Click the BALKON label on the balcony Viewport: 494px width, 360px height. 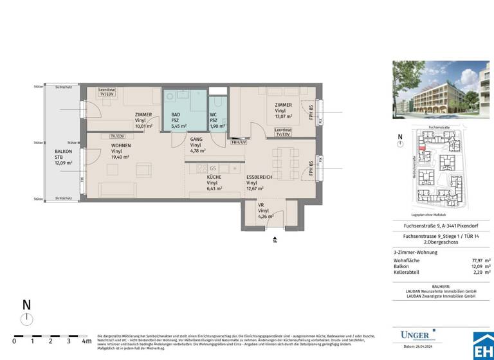[63, 150]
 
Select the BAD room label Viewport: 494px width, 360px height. [176, 114]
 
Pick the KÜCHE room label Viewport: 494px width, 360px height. [214, 177]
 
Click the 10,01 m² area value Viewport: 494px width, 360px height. [143, 126]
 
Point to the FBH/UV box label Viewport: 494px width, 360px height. [239, 141]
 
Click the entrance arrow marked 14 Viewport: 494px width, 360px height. [275, 239]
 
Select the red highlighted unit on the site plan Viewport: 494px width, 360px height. [422, 148]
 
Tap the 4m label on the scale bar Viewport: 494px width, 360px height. [87, 341]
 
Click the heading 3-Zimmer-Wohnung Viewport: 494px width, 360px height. [415, 252]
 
